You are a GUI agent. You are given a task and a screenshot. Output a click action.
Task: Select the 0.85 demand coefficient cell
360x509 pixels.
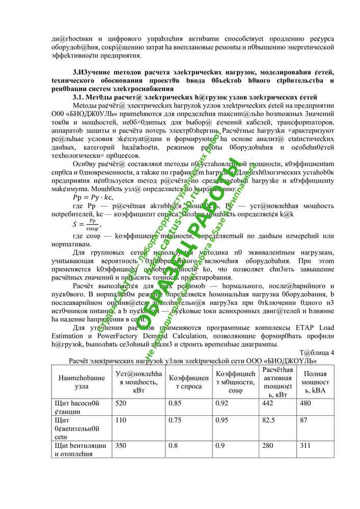(175, 403)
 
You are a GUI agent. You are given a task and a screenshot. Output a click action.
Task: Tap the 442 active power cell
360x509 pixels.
(268, 403)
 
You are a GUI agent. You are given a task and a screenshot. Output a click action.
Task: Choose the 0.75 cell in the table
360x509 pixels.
(175, 420)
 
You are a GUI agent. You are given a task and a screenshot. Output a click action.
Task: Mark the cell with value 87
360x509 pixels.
(304, 420)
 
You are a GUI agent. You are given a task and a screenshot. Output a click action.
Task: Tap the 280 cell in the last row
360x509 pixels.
(268, 445)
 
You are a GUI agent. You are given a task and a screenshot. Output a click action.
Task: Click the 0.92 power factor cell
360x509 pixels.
(221, 403)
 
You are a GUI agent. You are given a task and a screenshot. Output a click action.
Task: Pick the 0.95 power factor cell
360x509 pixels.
(221, 420)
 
